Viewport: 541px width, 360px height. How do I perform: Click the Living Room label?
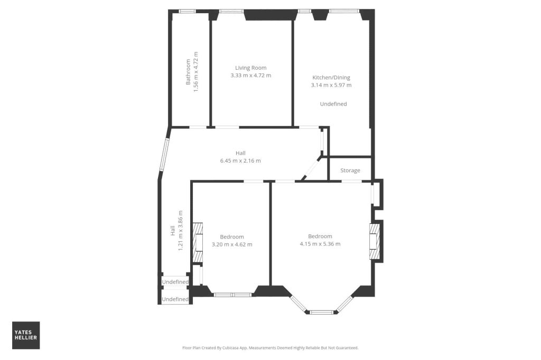pyautogui.click(x=251, y=68)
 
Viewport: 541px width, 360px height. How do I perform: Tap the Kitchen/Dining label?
pyautogui.click(x=331, y=78)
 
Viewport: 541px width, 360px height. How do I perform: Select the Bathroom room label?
pyautogui.click(x=188, y=72)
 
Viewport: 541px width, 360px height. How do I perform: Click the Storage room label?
pyautogui.click(x=350, y=170)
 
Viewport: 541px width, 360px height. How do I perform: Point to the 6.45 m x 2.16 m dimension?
pyautogui.click(x=240, y=160)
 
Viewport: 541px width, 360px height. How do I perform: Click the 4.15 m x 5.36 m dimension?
pyautogui.click(x=320, y=244)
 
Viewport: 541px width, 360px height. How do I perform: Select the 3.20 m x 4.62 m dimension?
pyautogui.click(x=232, y=244)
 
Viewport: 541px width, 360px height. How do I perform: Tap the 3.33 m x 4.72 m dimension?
pyautogui.click(x=251, y=75)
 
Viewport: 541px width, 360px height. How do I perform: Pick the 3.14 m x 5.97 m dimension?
pyautogui.click(x=331, y=85)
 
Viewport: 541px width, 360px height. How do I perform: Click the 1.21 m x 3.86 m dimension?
pyautogui.click(x=181, y=231)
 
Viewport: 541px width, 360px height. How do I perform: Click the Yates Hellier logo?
pyautogui.click(x=26, y=335)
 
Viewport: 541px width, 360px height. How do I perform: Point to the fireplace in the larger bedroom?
pyautogui.click(x=375, y=241)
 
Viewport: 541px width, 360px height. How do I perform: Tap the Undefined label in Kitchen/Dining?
pyautogui.click(x=333, y=104)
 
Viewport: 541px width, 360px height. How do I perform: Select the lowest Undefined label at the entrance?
pyautogui.click(x=175, y=299)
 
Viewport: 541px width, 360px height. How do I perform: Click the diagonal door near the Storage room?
pyautogui.click(x=312, y=168)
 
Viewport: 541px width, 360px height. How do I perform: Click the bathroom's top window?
pyautogui.click(x=188, y=11)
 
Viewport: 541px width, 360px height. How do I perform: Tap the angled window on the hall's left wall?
pyautogui.click(x=163, y=155)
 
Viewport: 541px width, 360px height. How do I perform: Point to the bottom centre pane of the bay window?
pyautogui.click(x=322, y=313)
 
